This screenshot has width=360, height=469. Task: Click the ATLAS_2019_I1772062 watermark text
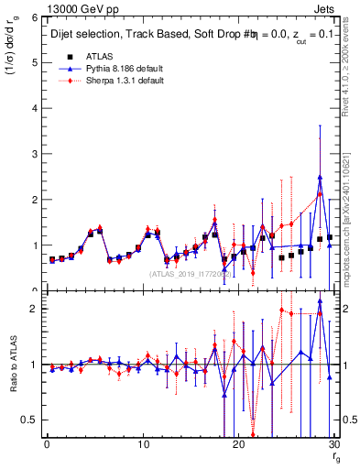[190, 273]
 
